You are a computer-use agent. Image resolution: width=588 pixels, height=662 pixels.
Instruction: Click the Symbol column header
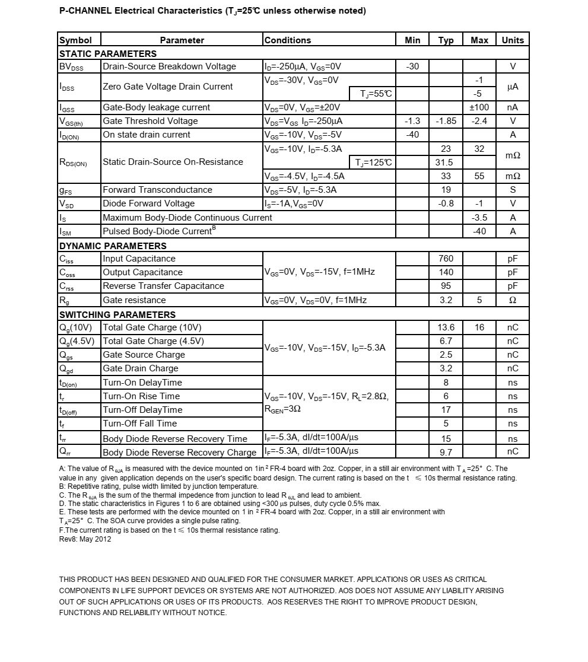pyautogui.click(x=75, y=40)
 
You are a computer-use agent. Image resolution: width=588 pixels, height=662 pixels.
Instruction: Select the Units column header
pyautogui.click(x=513, y=40)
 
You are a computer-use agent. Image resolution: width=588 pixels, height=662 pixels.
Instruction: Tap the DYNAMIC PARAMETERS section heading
pyautogui.click(x=113, y=246)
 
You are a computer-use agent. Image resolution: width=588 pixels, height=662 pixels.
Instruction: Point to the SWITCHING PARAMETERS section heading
pyautogui.click(x=117, y=314)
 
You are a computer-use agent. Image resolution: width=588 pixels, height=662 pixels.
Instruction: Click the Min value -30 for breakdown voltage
pyautogui.click(x=412, y=66)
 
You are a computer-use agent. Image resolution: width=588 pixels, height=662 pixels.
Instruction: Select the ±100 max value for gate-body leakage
pyautogui.click(x=479, y=107)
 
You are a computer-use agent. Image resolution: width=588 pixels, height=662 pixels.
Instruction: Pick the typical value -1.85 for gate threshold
pyautogui.click(x=446, y=121)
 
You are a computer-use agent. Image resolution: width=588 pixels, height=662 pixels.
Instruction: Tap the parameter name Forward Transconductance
pyautogui.click(x=157, y=190)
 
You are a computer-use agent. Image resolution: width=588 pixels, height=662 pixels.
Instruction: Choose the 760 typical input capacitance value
pyautogui.click(x=446, y=259)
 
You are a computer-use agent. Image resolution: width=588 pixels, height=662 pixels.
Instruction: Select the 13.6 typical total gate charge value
pyautogui.click(x=446, y=327)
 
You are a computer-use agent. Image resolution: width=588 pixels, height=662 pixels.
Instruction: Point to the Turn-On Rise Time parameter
pyautogui.click(x=141, y=396)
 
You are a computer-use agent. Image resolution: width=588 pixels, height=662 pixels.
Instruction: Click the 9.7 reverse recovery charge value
pyautogui.click(x=446, y=453)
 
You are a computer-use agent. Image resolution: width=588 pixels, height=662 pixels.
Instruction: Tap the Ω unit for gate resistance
pyautogui.click(x=513, y=300)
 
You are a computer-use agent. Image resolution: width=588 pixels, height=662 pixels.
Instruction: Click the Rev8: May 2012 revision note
pyautogui.click(x=85, y=539)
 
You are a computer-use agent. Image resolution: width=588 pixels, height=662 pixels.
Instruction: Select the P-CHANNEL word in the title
pyautogui.click(x=85, y=11)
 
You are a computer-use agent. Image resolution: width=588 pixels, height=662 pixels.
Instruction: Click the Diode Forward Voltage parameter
pyautogui.click(x=148, y=203)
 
